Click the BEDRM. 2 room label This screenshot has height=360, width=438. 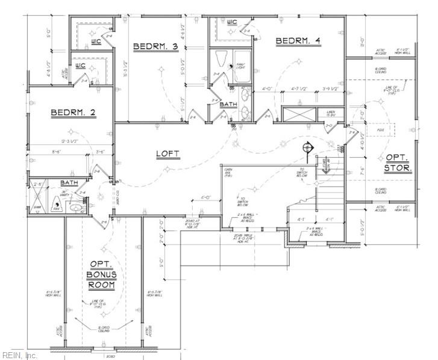click(74, 113)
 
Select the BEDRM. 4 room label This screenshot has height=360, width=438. click(298, 40)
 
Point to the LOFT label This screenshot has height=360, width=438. click(169, 154)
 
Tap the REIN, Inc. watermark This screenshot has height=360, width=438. click(19, 355)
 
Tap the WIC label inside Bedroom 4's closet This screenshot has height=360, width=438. click(232, 23)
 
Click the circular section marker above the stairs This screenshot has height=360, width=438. click(308, 147)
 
